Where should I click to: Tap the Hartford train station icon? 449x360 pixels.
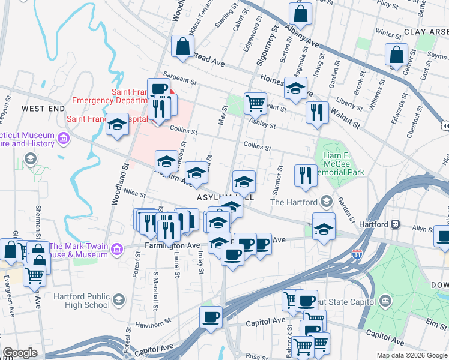click(396, 224)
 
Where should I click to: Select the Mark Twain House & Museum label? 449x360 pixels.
click(79, 250)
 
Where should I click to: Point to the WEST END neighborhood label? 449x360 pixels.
click(43, 108)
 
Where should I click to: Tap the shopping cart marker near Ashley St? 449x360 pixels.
click(255, 103)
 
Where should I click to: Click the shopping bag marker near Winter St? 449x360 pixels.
click(396, 55)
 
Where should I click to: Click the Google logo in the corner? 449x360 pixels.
click(20, 353)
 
